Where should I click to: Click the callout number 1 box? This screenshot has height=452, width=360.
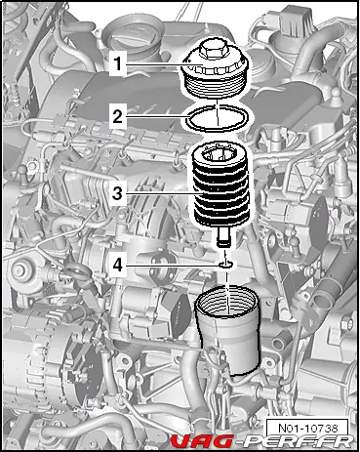click(118, 63)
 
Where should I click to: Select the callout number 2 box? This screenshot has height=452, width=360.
click(118, 116)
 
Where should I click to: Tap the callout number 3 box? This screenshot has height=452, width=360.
click(118, 193)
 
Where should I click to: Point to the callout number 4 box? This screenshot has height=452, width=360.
click(118, 266)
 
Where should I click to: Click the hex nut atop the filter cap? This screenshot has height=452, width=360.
click(214, 49)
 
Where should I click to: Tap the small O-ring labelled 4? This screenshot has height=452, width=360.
click(225, 266)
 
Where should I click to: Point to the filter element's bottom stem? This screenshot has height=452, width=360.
click(224, 237)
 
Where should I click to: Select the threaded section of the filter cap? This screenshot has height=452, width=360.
click(217, 85)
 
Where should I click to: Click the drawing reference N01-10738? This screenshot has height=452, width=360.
click(307, 428)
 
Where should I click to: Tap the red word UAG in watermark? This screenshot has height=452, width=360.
click(202, 441)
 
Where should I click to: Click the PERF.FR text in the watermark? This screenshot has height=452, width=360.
click(295, 441)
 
